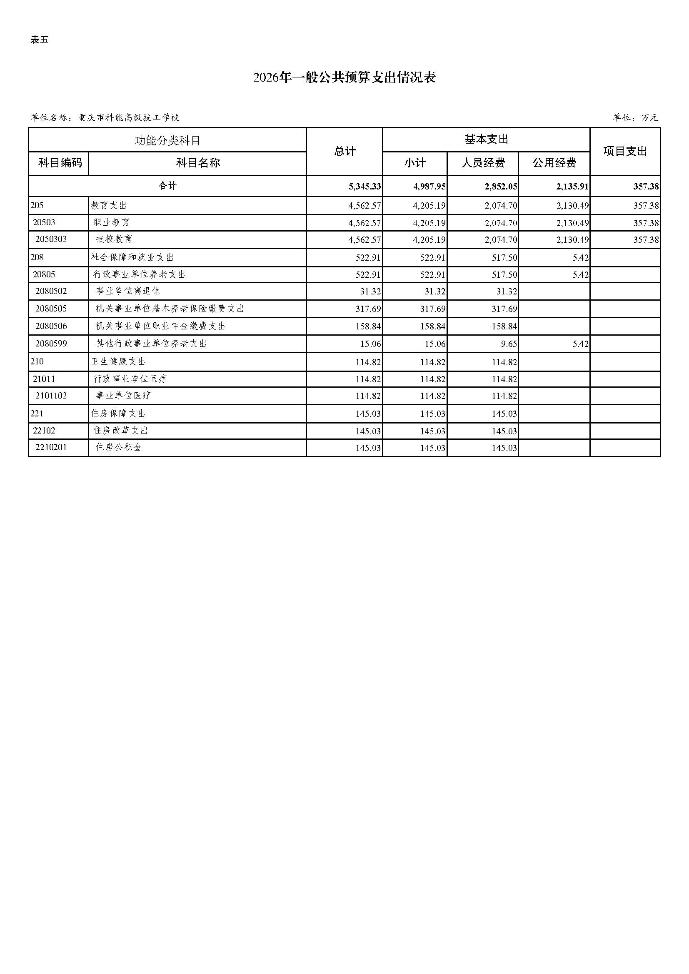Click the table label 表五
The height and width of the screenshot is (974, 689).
(40, 40)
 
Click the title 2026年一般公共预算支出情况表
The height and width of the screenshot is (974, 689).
(344, 77)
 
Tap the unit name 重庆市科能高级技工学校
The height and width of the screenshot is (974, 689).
(128, 118)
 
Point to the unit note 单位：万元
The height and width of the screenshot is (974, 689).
(635, 117)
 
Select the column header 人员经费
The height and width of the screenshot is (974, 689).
(483, 163)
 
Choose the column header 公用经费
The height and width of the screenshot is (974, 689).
(554, 163)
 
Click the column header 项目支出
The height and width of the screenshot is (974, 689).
(624, 151)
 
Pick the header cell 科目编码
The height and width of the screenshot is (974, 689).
(60, 163)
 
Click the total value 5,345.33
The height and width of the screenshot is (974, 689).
(364, 187)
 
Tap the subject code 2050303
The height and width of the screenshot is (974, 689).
(51, 239)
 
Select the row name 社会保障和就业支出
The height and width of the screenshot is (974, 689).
(132, 257)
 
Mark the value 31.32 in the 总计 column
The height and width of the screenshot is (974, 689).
(368, 291)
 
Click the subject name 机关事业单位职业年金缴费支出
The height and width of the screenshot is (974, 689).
(160, 326)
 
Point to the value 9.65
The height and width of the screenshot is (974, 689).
(509, 344)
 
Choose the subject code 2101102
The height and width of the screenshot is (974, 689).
(51, 396)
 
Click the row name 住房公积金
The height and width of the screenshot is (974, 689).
(118, 447)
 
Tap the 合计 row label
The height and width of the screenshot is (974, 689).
(167, 186)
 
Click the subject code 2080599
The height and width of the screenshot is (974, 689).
(51, 344)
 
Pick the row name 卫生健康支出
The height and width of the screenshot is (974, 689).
(118, 361)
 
